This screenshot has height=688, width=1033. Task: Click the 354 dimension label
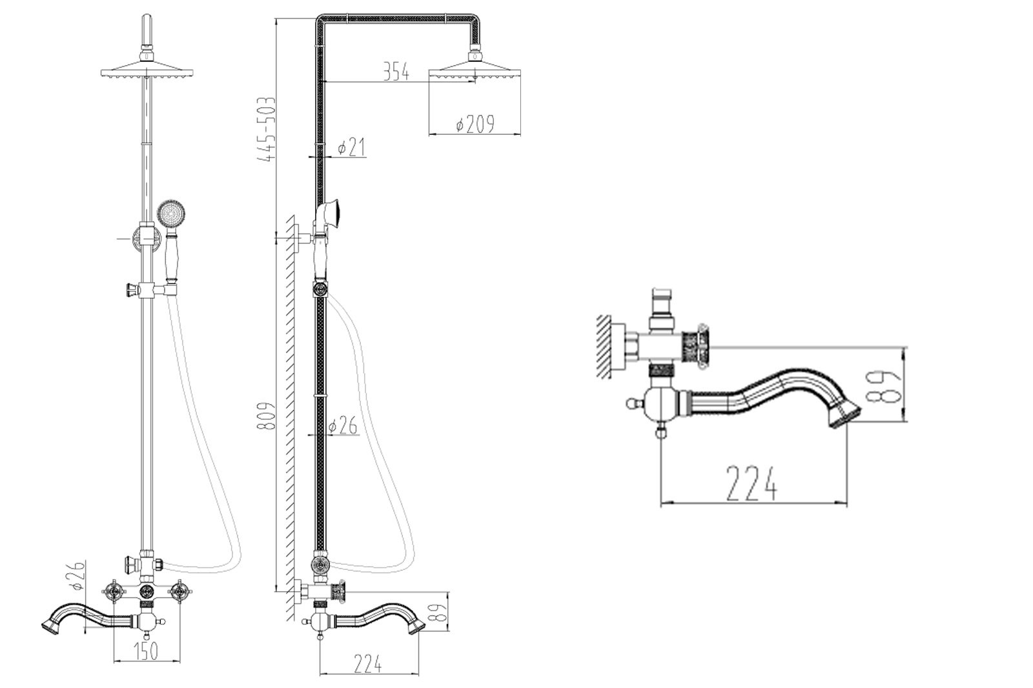[396, 72]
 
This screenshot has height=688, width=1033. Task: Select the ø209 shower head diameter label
[475, 124]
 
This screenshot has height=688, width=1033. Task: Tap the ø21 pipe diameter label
[352, 148]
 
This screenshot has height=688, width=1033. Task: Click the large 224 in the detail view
[751, 483]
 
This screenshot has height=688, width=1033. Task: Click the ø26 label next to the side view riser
[343, 426]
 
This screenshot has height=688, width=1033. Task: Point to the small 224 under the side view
[367, 663]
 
